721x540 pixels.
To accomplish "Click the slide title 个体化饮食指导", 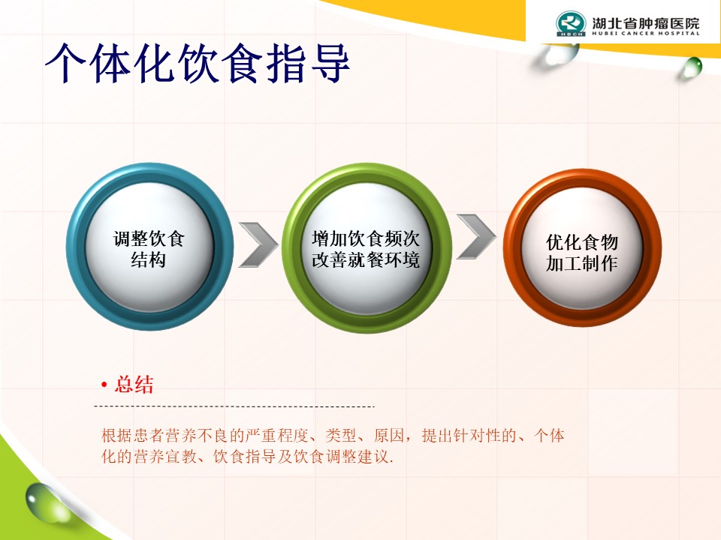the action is coord(198,63).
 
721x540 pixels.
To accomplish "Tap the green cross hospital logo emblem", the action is coord(571,23).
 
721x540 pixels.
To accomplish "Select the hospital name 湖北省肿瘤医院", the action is coord(646,22).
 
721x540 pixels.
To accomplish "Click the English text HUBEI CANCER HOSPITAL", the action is coord(646,33).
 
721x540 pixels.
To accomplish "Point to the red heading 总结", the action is coord(134,384).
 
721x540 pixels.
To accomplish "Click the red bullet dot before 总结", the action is coord(104,385).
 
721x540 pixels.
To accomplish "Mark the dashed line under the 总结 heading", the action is coord(234,406).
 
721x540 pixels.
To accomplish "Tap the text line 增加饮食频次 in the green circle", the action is coord(366,238).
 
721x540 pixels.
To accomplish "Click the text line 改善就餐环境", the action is coord(366,260).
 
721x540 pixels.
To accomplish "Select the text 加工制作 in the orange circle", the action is coord(581,263).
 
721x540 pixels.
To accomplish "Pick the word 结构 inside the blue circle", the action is coord(148,260).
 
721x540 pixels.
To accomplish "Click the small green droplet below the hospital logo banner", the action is coord(692,67).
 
